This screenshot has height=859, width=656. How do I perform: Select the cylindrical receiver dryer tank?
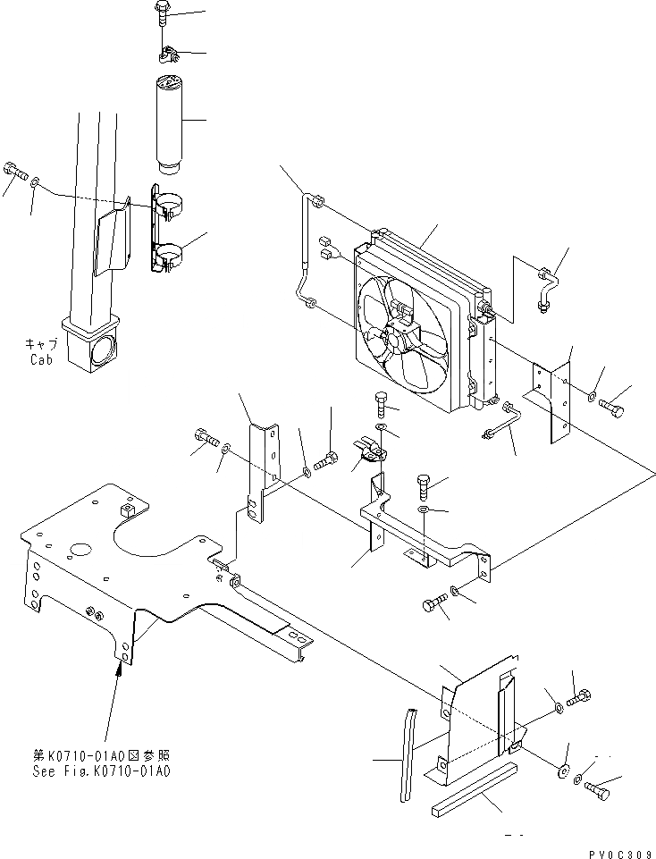click(171, 124)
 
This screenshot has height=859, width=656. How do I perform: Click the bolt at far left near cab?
click(13, 169)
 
